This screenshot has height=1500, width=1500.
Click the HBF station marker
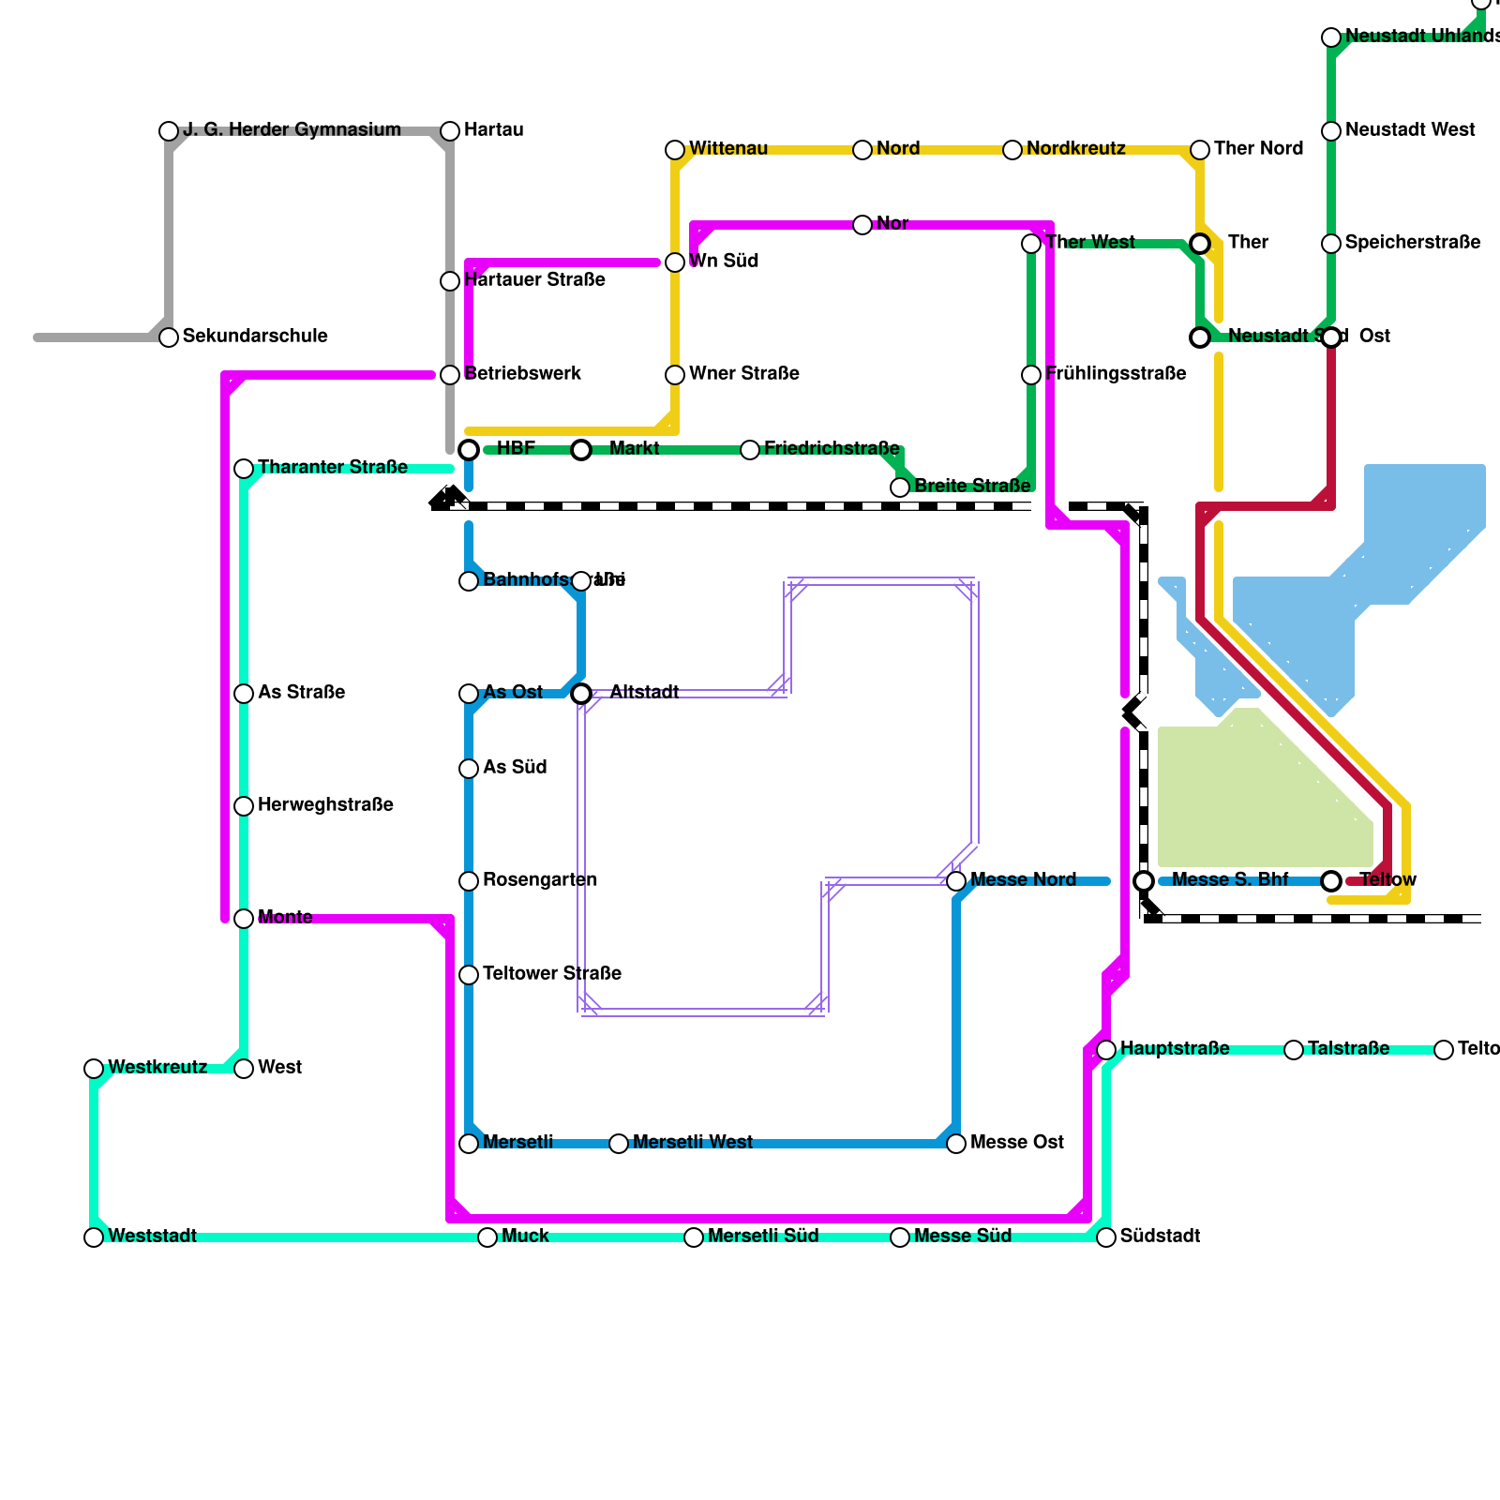(469, 450)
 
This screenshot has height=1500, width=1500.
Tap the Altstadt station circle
(581, 694)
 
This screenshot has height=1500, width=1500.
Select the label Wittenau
(728, 149)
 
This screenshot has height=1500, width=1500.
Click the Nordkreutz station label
(1075, 149)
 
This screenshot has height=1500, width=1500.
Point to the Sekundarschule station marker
(169, 337)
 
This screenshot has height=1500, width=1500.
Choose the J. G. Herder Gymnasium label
(292, 130)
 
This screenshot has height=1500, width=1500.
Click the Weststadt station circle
(94, 1237)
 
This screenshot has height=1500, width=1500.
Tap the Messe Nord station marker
(956, 881)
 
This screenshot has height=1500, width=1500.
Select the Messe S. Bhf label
(1230, 880)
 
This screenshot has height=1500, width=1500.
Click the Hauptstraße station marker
(1106, 1049)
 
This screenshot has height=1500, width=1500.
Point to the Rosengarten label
(540, 880)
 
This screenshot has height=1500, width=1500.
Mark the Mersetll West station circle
(619, 1144)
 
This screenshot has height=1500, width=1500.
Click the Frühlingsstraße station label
(1116, 374)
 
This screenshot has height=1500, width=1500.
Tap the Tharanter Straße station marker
(244, 469)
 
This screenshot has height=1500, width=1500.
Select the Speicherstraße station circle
(1331, 244)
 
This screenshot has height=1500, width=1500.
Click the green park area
(1256, 797)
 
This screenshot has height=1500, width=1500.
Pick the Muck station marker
(487, 1237)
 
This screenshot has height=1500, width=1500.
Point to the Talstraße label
(1348, 1049)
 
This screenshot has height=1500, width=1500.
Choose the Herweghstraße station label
(325, 805)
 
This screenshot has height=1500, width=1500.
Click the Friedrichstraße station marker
(750, 450)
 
